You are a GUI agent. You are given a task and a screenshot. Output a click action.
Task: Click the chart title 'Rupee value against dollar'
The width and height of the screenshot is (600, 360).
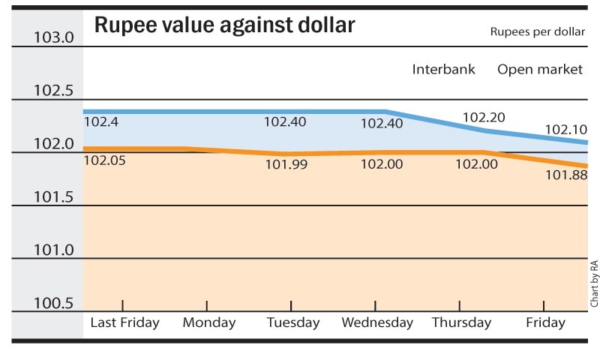[224, 26]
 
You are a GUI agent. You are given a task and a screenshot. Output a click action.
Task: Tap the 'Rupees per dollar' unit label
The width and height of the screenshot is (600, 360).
[536, 32]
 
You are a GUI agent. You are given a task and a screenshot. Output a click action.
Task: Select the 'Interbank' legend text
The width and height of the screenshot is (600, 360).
[444, 70]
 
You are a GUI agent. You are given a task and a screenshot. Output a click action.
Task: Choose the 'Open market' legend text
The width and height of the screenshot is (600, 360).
[540, 70]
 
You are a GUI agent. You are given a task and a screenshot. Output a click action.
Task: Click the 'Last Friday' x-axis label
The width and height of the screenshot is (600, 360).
[124, 323]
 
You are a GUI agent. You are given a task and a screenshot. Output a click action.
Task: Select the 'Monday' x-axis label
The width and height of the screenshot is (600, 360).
[209, 323]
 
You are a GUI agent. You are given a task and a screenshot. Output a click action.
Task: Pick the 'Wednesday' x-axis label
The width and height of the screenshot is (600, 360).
[377, 323]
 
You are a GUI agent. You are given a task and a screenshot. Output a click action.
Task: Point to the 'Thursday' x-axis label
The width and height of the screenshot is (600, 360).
[461, 323]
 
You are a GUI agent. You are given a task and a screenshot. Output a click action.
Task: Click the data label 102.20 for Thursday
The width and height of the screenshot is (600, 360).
[484, 118]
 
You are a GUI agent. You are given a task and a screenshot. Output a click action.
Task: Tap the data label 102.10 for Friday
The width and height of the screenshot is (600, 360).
[566, 130]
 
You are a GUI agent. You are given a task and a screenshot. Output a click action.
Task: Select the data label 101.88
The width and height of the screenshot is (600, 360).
[566, 175]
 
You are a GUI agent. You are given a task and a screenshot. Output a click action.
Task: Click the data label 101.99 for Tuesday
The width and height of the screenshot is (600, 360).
[286, 164]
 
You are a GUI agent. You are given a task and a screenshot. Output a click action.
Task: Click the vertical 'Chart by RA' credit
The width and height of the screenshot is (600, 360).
[593, 283]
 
